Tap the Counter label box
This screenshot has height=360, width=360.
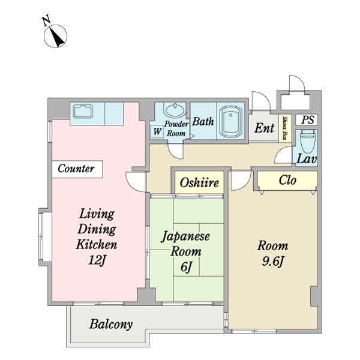pyautogui.click(x=76, y=169)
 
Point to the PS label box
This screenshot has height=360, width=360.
pyautogui.click(x=308, y=120)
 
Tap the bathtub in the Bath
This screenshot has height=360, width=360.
pyautogui.click(x=230, y=122)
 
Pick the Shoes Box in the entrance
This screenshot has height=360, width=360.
pyautogui.click(x=285, y=127)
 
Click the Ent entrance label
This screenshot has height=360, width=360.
pyautogui.click(x=264, y=128)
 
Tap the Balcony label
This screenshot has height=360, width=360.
pyautogui.click(x=111, y=325)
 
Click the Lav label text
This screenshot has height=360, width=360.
pyautogui.click(x=307, y=160)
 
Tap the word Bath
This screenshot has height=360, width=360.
pyautogui.click(x=203, y=121)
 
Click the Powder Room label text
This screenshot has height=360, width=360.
pyautogui.click(x=176, y=128)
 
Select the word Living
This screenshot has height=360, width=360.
pyautogui.click(x=96, y=214)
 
